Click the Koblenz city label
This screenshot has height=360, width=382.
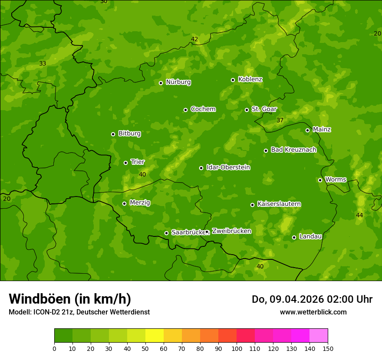click(250, 79)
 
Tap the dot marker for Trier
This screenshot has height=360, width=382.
click(126, 163)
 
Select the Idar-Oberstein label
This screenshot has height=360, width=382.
click(228, 167)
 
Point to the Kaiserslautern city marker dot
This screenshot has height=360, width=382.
click(252, 205)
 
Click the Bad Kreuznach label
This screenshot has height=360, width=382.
click(293, 150)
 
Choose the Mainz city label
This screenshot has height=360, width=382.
click(322, 129)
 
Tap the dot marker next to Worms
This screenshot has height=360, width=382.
click(320, 180)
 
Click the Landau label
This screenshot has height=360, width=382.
click(310, 236)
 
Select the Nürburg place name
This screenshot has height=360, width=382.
click(178, 82)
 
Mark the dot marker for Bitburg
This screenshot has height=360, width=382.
click(113, 134)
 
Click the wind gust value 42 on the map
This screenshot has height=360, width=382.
click(194, 39)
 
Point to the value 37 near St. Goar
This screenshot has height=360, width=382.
click(280, 120)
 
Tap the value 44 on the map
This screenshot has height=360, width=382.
click(359, 215)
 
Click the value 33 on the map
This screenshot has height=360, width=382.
click(43, 63)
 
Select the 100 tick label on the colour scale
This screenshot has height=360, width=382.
click(237, 348)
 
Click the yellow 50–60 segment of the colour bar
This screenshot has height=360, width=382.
click(155, 335)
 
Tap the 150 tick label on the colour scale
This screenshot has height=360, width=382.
click(328, 348)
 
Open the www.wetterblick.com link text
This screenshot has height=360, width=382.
click(313, 312)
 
